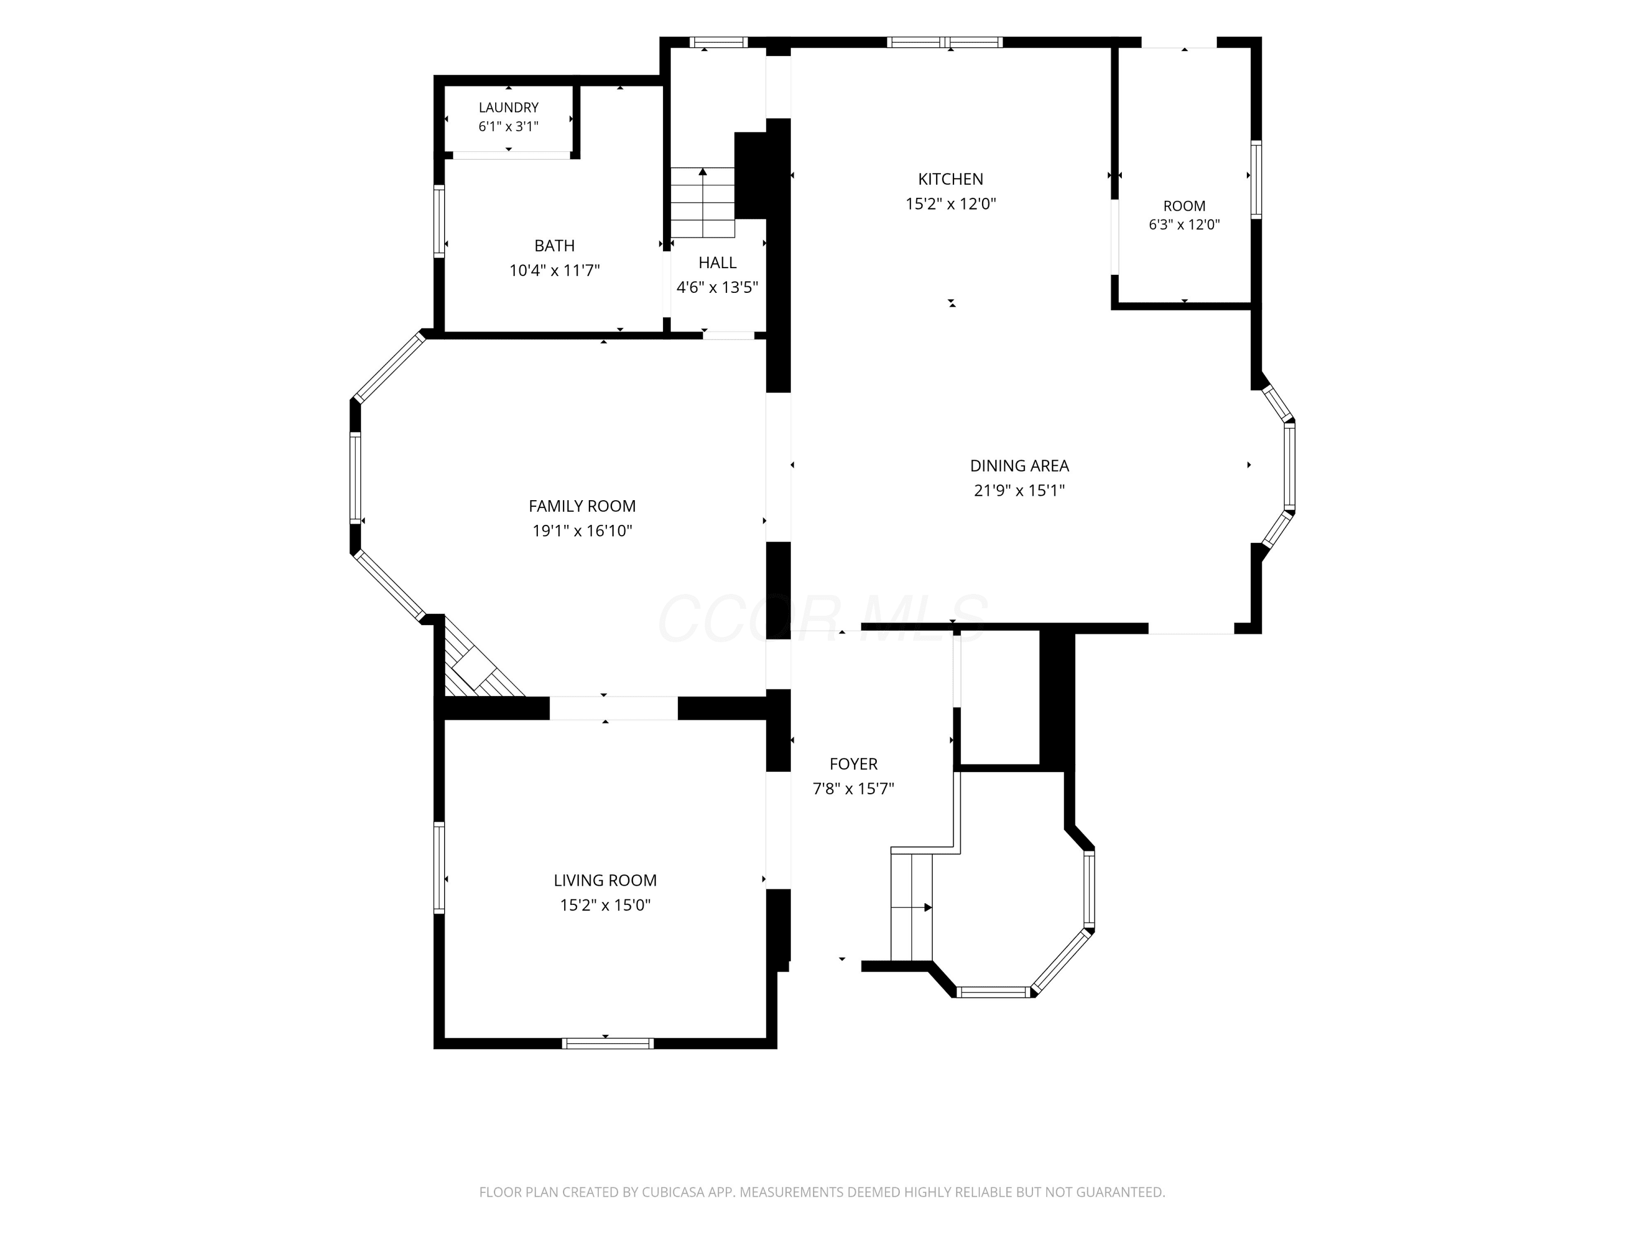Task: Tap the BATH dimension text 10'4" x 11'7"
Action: click(x=555, y=270)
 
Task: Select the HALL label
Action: click(x=718, y=263)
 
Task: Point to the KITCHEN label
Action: click(x=950, y=179)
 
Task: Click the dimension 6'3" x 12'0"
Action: click(x=1184, y=225)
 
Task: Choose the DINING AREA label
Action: click(x=1019, y=466)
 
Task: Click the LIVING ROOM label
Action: click(x=605, y=881)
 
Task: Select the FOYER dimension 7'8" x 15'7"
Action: click(x=853, y=789)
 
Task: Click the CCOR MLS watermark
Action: click(x=822, y=619)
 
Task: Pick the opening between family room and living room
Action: click(x=614, y=708)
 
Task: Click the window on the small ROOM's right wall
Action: click(x=1256, y=179)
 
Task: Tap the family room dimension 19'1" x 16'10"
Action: click(x=582, y=531)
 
